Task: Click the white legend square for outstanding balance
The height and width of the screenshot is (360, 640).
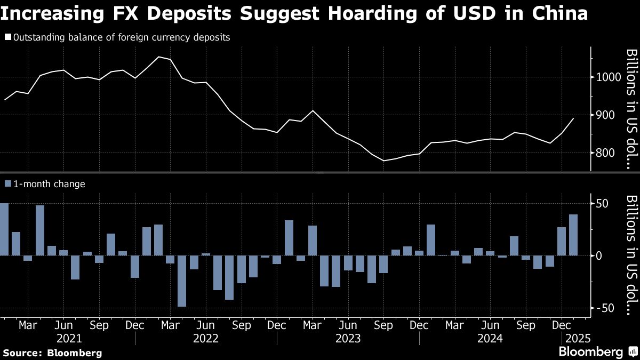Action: tap(7, 38)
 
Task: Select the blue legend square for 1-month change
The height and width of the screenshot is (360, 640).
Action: tap(7, 184)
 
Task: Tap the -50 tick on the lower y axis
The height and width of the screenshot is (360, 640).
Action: tap(605, 308)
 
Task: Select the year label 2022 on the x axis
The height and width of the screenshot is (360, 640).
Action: tap(206, 338)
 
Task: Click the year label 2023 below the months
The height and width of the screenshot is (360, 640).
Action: tap(348, 338)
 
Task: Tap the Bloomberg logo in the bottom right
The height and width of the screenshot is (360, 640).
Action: tap(590, 352)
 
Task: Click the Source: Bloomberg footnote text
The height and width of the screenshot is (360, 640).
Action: tap(52, 353)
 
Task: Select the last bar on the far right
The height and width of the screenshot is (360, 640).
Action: tap(573, 235)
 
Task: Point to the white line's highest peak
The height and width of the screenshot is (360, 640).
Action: tap(159, 57)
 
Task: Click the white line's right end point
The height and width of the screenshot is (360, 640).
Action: tap(573, 118)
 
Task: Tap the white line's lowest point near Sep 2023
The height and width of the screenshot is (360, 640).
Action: tap(383, 161)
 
